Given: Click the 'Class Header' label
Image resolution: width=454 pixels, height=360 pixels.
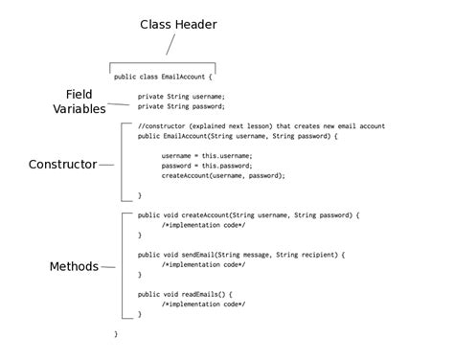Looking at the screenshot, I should coord(178,24).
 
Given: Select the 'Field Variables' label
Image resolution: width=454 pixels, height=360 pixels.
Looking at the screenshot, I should coord(79,101).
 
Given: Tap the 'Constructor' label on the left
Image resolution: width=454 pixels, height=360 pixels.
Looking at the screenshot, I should coord(62,164).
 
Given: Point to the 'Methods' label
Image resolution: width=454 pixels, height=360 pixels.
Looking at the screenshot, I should coord(74,266).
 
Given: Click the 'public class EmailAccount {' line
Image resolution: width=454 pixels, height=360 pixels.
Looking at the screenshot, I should coord(162,77).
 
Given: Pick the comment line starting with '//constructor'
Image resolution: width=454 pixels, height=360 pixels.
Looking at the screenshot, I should coord(261,126).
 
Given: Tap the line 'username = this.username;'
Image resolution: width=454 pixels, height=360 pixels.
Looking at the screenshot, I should coord(206,155).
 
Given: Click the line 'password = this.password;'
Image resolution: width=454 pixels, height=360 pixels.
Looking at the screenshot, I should coord(206,166).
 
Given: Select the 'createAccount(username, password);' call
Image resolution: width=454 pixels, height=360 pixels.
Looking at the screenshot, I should coord(223,175).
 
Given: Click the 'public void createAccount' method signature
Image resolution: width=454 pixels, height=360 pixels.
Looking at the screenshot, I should coord(248,215).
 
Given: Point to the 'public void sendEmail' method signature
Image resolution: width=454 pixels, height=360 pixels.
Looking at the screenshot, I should coord(240,255).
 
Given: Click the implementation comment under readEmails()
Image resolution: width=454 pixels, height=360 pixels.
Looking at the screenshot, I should coord(203,304).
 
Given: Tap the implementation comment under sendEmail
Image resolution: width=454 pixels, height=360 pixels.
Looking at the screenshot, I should coord(203,264).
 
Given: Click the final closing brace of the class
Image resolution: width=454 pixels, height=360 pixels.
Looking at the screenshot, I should coord(116,333).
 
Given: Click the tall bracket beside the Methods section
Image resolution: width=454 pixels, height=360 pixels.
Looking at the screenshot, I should coord(123,265).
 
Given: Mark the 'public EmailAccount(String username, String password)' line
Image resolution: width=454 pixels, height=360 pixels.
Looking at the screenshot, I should coord(238,136).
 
